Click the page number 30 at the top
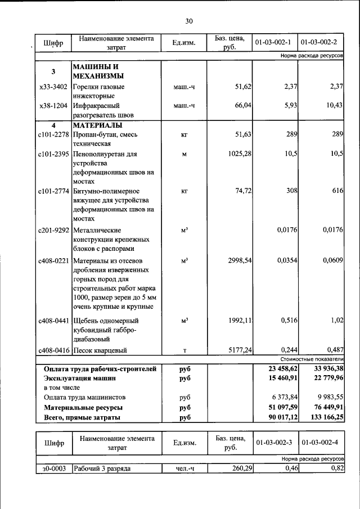coord(188,21)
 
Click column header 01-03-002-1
coord(273,42)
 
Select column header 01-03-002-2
coord(319,42)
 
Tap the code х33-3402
coord(53,87)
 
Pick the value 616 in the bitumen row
coord(337,191)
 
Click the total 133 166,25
coord(322,417)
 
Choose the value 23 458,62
coord(277,369)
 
